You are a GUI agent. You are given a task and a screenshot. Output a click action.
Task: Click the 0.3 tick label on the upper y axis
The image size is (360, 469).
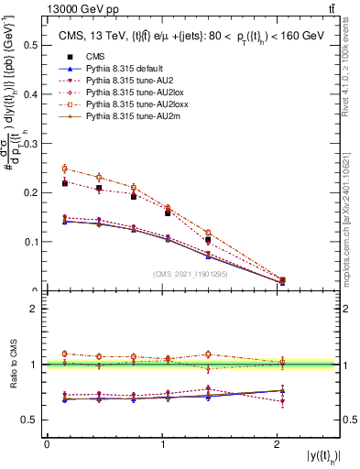click(x=30, y=143)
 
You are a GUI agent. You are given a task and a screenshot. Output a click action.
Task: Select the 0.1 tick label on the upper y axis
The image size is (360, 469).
click(x=30, y=242)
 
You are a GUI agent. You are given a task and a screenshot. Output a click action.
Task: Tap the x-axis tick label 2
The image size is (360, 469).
click(x=277, y=444)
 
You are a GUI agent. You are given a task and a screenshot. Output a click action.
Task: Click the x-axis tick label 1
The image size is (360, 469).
click(x=161, y=444)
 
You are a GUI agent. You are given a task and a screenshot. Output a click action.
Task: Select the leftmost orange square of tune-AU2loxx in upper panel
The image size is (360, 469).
click(x=64, y=169)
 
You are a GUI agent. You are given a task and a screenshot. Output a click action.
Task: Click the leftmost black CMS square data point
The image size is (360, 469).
click(x=64, y=183)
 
